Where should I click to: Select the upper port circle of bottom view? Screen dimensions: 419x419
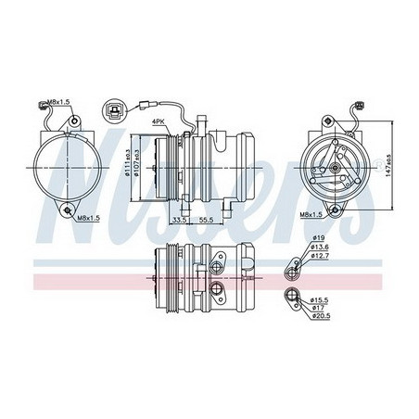click(x=215, y=268)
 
